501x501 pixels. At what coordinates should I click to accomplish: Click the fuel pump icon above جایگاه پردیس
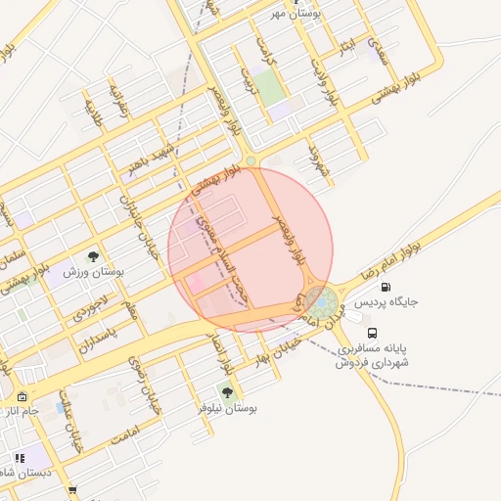coord(385,288)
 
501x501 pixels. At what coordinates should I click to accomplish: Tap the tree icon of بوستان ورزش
coord(93,256)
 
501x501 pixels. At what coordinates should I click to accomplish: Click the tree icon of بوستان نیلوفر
coord(227,392)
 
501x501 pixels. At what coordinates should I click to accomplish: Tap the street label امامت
coord(126,435)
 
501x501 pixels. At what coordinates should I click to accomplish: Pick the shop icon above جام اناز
coord(22,396)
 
